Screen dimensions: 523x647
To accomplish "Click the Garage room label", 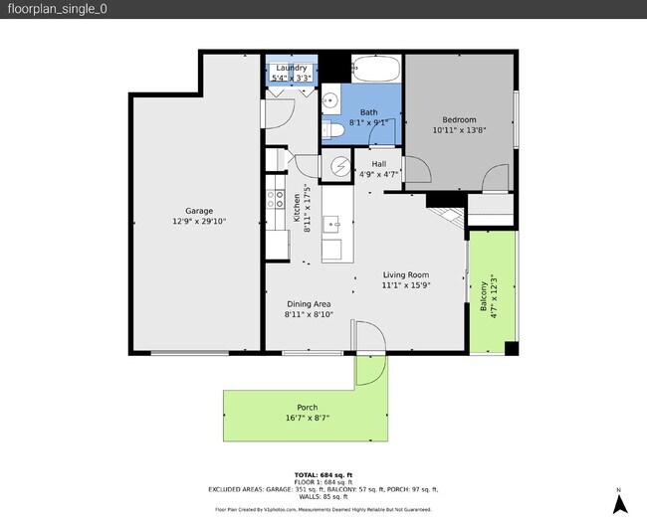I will [199, 210].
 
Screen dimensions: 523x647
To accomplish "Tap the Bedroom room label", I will [459, 119].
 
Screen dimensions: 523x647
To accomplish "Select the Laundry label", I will [292, 68].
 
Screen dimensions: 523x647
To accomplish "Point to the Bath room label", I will [368, 112].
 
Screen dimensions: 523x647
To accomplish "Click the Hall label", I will [378, 164].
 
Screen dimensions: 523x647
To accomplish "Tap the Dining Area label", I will [309, 304].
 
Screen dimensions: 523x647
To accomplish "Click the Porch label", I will [308, 408].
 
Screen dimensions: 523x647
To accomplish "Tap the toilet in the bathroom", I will [335, 130].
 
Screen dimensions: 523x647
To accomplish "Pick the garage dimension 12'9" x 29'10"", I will [199, 221].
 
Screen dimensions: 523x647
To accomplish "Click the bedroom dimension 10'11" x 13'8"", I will [459, 130].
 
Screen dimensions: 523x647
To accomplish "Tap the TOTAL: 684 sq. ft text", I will [323, 474].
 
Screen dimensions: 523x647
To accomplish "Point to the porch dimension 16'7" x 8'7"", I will [308, 419].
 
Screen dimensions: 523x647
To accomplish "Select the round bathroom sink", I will [330, 98].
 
